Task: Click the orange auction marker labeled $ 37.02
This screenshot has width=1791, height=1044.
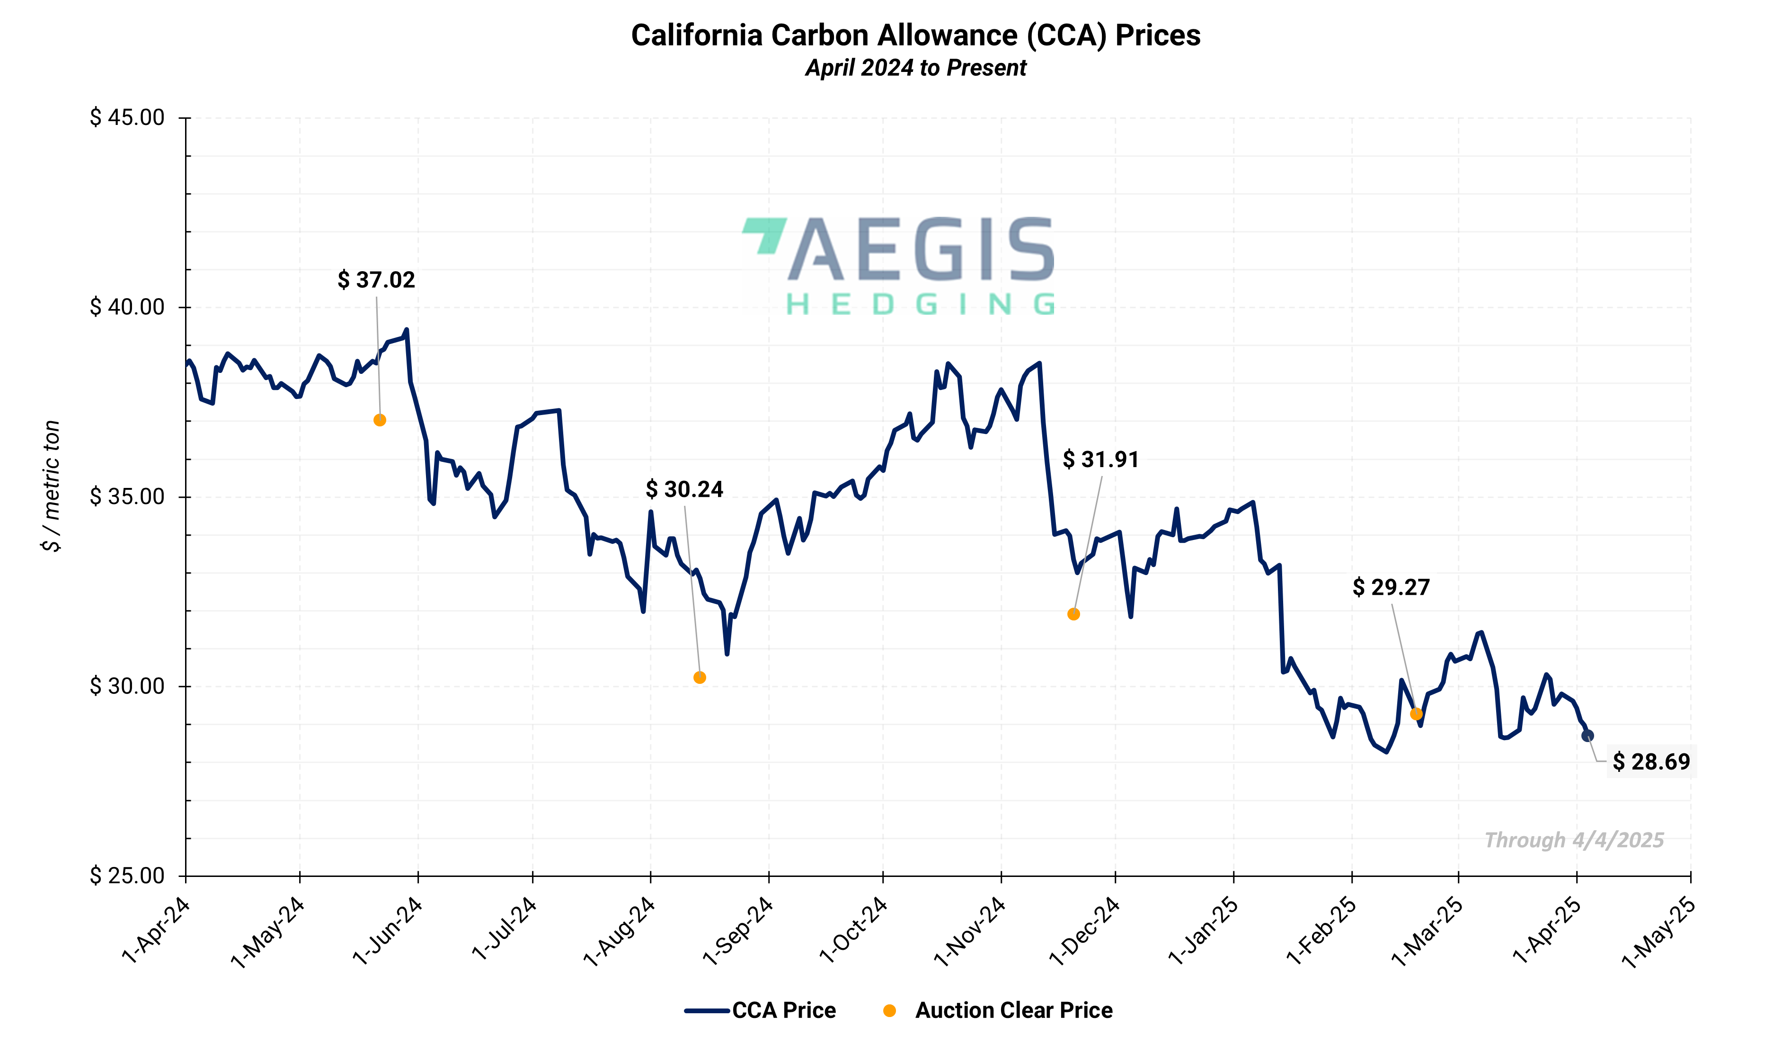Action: (x=380, y=420)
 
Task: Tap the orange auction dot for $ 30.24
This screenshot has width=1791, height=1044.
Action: (x=700, y=677)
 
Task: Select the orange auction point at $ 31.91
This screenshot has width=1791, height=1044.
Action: (x=1073, y=614)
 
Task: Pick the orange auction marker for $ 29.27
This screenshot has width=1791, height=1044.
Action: (x=1416, y=714)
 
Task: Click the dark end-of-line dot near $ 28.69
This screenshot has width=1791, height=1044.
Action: (x=1587, y=735)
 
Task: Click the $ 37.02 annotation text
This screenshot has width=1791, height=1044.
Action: (x=376, y=280)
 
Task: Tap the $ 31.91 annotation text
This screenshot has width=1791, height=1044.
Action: (x=1100, y=460)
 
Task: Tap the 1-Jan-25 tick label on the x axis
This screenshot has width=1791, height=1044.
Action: (x=1203, y=931)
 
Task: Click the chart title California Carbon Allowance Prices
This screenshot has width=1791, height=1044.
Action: (x=915, y=35)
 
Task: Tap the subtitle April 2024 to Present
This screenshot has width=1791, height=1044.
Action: (x=915, y=68)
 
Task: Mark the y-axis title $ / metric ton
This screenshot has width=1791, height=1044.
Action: (x=51, y=486)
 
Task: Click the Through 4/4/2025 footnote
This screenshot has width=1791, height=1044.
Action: (x=1574, y=840)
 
